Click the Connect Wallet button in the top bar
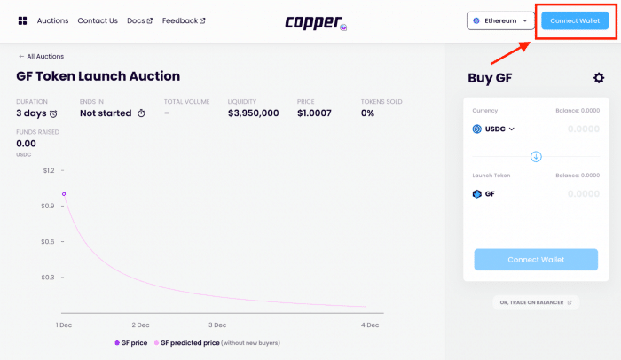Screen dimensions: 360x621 (x=575, y=20)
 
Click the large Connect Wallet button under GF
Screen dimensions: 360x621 (x=535, y=260)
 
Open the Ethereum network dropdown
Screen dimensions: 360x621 (x=501, y=20)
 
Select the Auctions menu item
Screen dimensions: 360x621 (x=51, y=20)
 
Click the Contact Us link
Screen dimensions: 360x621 (x=98, y=20)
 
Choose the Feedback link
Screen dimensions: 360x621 (x=184, y=20)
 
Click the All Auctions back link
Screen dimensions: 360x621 (x=41, y=56)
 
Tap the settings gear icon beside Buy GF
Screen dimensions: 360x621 (x=599, y=78)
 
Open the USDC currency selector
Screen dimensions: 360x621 (x=494, y=129)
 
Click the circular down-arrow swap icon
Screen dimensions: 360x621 (x=536, y=157)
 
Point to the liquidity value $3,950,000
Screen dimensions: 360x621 (x=253, y=113)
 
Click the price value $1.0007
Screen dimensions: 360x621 (x=314, y=113)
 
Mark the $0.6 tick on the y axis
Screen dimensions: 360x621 (x=48, y=241)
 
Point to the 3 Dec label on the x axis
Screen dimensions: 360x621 (x=216, y=325)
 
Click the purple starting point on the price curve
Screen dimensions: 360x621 (x=64, y=193)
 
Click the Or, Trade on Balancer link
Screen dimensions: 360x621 (x=535, y=302)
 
